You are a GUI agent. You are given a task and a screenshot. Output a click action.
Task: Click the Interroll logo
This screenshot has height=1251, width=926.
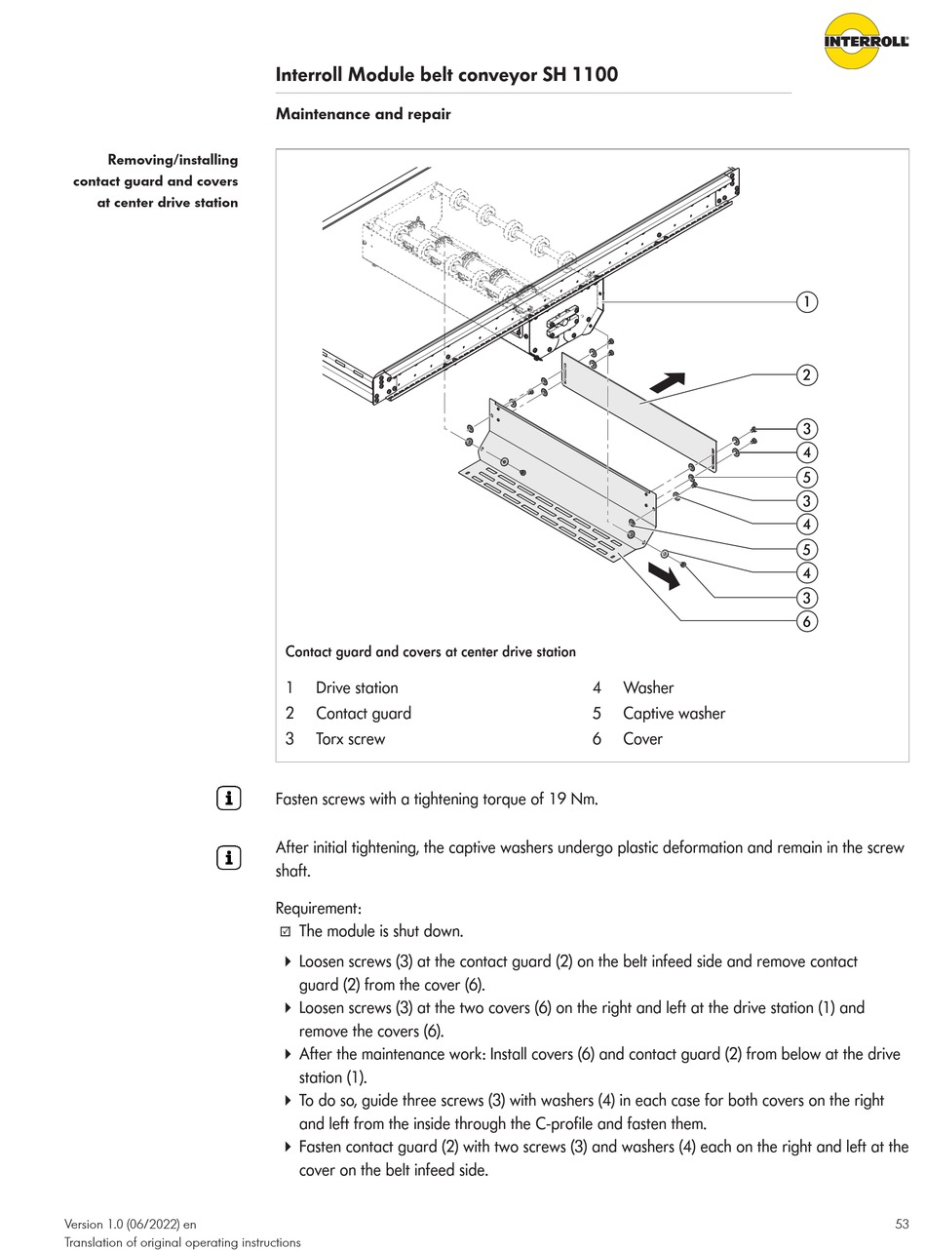(x=866, y=41)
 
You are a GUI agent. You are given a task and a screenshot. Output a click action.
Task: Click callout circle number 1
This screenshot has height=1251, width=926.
(x=806, y=302)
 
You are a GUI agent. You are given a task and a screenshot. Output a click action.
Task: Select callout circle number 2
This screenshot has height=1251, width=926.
(x=806, y=374)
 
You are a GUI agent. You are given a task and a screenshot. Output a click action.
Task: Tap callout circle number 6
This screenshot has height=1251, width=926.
(x=806, y=621)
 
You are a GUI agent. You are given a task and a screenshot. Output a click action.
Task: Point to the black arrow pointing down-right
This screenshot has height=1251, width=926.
(x=665, y=577)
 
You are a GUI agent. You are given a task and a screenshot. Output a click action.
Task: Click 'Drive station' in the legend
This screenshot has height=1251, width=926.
(x=357, y=687)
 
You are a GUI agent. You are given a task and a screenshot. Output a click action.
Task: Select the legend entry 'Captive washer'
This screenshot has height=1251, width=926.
(x=674, y=713)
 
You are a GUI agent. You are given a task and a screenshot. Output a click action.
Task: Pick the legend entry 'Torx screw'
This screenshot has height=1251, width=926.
(x=350, y=738)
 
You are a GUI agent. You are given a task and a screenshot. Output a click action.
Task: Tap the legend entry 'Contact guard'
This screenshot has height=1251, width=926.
(x=363, y=713)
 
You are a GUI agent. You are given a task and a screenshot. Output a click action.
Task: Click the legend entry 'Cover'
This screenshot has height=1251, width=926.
(x=642, y=738)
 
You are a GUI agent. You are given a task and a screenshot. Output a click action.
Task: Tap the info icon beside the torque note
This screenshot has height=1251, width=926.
(x=228, y=799)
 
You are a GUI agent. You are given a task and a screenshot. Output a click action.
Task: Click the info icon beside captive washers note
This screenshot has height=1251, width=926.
(x=228, y=858)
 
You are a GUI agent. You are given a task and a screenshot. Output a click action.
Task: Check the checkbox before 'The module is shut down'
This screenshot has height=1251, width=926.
(x=286, y=931)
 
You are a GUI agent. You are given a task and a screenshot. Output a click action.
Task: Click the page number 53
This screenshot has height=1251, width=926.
(x=901, y=1224)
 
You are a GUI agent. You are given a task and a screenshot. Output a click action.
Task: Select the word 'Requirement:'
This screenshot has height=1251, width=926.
(x=319, y=908)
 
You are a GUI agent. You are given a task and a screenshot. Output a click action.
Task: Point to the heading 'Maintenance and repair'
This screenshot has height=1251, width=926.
(x=363, y=114)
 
